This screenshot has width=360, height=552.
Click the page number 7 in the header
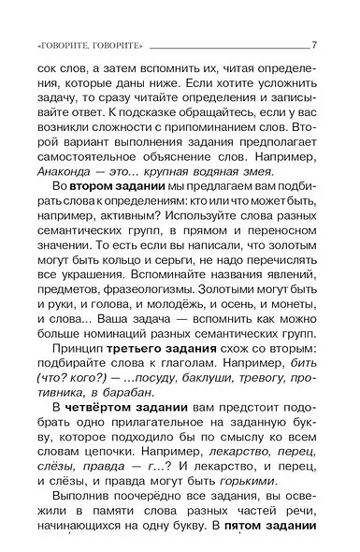click(x=314, y=46)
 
